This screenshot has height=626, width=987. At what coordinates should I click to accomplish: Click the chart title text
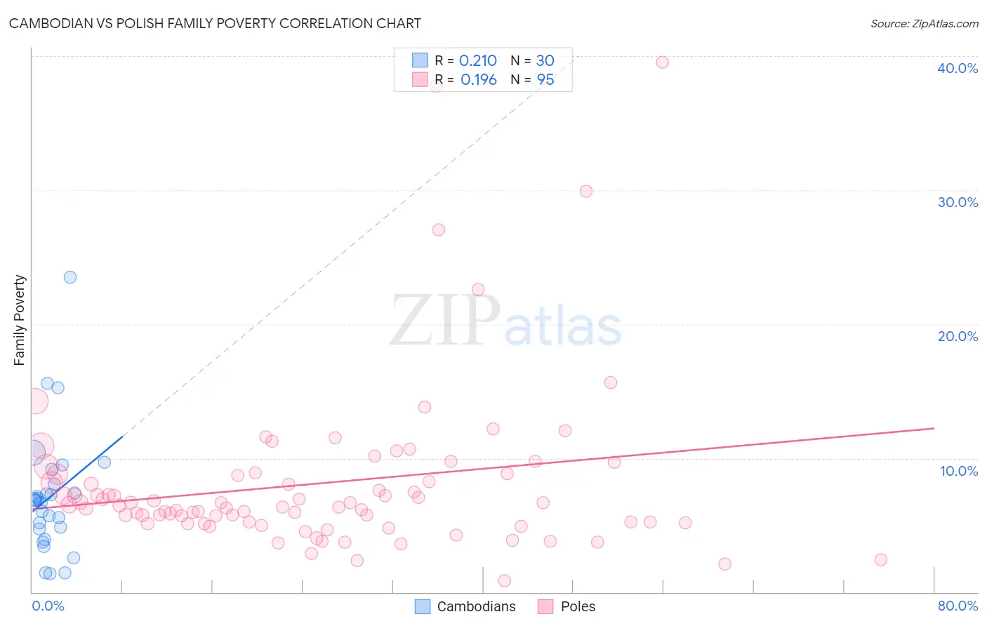pos(215,23)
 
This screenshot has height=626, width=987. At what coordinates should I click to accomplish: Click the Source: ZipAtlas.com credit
pos(924,23)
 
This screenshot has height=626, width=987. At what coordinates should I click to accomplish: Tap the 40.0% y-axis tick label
pos(958,68)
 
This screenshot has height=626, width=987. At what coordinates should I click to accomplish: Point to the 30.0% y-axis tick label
pos(958,202)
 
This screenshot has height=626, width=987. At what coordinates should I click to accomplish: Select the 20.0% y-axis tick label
pos(958,336)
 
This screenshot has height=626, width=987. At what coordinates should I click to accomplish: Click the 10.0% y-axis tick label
pos(959,471)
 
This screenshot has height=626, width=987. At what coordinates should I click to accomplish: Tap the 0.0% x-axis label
pos(48,606)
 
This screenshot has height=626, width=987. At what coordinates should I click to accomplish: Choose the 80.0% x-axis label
pos(958,606)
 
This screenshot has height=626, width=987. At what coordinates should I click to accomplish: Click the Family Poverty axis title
pos(20,320)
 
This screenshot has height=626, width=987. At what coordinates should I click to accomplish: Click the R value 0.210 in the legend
pos(478,61)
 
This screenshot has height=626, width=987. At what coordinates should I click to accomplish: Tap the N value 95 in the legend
pos(545,80)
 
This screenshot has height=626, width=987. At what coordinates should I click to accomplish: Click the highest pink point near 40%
pos(662,62)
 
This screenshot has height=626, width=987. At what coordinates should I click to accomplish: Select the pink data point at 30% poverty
pos(586,192)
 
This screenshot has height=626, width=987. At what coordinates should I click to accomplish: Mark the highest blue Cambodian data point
pos(70,277)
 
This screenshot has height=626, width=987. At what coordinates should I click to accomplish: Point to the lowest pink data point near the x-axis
pos(504,580)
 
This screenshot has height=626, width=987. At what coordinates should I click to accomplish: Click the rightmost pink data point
pos(881,559)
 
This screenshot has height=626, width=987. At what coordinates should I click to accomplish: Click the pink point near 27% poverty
pos(439,229)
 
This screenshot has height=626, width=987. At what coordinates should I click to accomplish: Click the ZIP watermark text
pos(445,321)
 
